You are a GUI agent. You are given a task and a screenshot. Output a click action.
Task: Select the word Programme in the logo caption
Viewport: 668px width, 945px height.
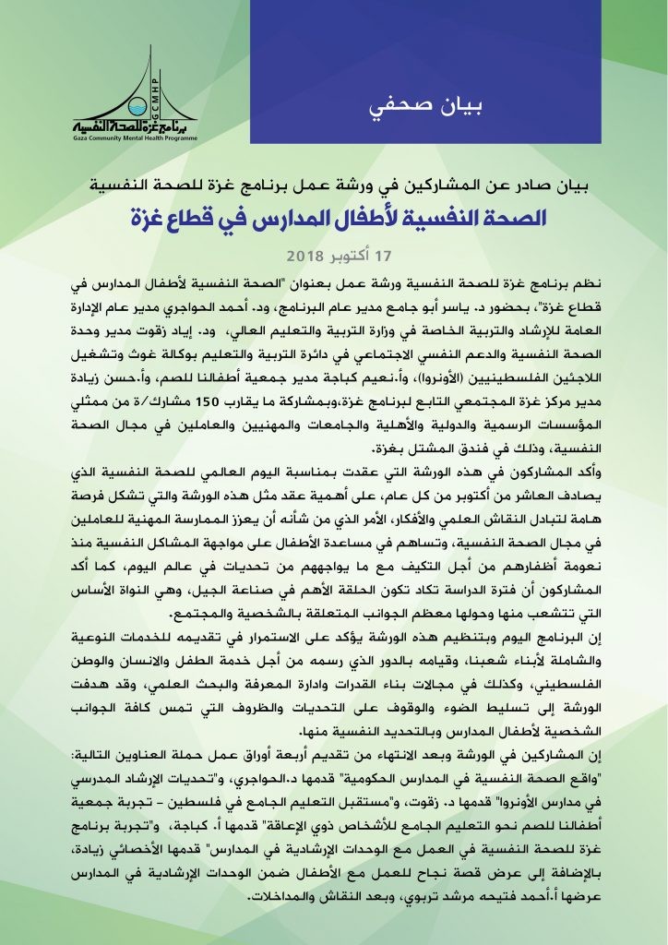click(175, 137)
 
